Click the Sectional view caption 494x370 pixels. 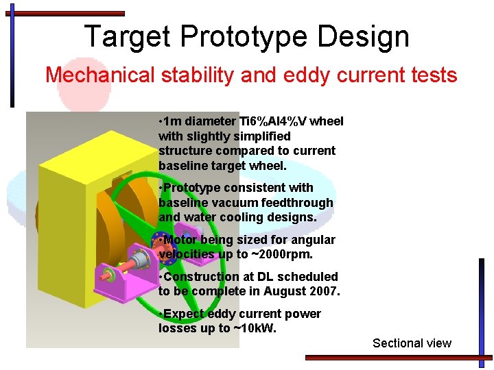click(x=412, y=343)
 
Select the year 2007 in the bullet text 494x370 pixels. click(x=325, y=291)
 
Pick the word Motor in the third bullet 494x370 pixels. click(x=180, y=240)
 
